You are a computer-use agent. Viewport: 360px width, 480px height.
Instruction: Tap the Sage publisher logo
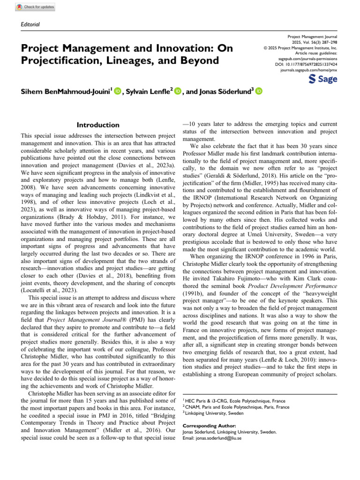323,79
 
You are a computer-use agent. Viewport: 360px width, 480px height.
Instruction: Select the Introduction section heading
98,125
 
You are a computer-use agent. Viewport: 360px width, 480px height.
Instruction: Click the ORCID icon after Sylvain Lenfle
177,92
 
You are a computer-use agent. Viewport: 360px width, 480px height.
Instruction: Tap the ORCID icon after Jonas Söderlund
259,92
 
